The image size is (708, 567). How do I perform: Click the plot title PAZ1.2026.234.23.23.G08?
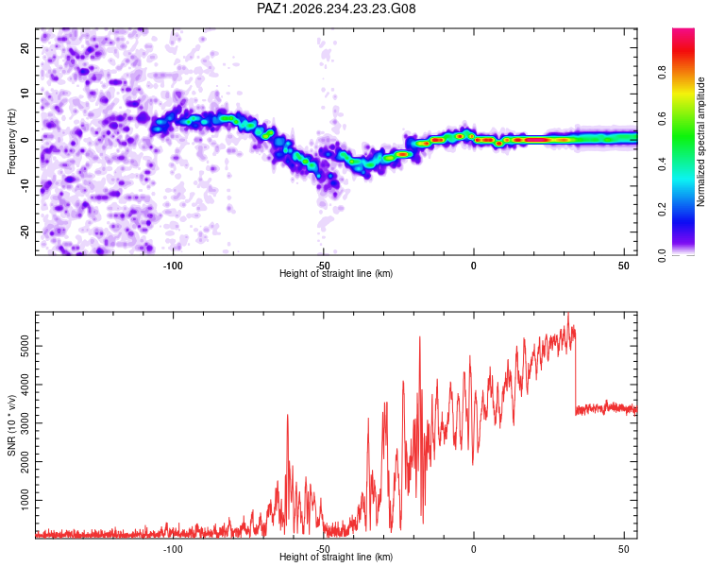[336, 9]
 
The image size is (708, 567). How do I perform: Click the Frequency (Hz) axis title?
[11, 142]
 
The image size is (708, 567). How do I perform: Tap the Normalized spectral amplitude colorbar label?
[700, 142]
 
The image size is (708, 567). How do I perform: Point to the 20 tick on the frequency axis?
[25, 47]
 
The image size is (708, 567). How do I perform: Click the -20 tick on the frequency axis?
[25, 232]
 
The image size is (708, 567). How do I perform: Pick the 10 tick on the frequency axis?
[25, 94]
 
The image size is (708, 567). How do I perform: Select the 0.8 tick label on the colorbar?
[663, 73]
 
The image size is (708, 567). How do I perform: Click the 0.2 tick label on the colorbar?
[663, 210]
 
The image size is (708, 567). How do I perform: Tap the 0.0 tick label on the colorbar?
[663, 255]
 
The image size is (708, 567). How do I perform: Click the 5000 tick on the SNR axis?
[25, 346]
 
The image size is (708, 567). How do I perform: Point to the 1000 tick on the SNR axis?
[25, 500]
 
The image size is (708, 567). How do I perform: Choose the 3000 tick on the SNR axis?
[25, 423]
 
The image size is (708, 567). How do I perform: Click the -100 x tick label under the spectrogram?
[173, 266]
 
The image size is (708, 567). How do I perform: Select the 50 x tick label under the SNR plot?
[624, 549]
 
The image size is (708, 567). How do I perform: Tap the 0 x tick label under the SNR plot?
[473, 549]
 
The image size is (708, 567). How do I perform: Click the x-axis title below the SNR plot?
[336, 557]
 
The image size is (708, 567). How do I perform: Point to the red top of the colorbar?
[683, 34]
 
